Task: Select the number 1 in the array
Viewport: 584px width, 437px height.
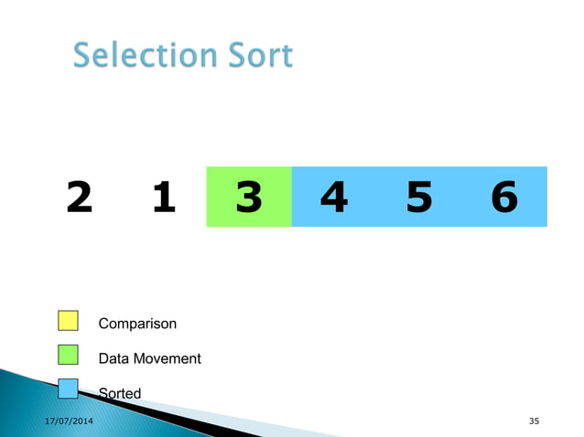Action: pos(164,197)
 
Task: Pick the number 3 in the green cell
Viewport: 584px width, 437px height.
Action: pos(248,197)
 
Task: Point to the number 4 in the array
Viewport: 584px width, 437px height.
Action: pos(334,197)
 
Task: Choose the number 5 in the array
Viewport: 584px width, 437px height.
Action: pos(418,197)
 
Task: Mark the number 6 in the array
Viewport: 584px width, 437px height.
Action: pos(503,197)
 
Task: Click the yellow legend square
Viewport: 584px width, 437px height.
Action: pos(68,322)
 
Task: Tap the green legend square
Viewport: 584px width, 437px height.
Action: pos(68,356)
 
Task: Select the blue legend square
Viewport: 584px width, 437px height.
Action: pos(68,389)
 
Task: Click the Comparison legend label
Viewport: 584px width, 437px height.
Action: pos(137,324)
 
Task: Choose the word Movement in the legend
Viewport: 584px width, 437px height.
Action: pos(167,358)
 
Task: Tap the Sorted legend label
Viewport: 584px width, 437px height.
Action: pos(120,393)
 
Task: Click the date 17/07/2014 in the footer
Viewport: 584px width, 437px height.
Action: pos(69,420)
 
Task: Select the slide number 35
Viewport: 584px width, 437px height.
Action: pos(535,421)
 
